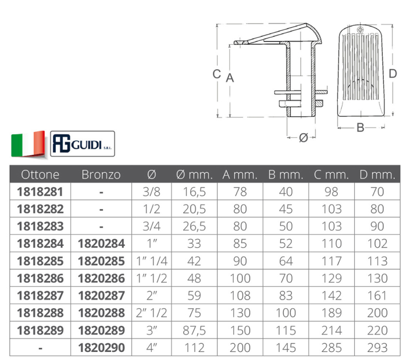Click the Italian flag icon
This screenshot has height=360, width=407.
click(x=28, y=144)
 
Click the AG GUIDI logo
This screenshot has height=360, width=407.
click(x=83, y=144)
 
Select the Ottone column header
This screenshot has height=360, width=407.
click(x=40, y=174)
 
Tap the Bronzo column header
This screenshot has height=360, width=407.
click(x=101, y=174)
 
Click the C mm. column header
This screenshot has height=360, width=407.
click(x=331, y=174)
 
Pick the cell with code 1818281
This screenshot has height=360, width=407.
click(x=40, y=192)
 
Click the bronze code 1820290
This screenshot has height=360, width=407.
click(x=101, y=348)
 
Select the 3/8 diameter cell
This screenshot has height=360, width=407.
click(x=152, y=192)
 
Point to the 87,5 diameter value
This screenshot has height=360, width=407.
click(x=194, y=330)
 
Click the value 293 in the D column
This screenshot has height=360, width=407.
click(x=377, y=348)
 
